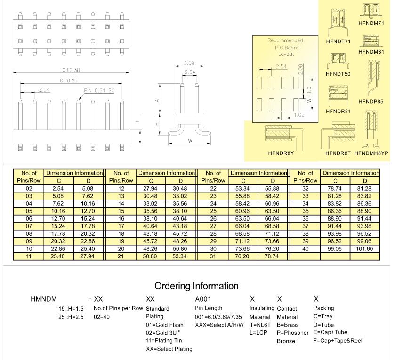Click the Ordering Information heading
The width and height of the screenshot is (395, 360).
click(x=196, y=286)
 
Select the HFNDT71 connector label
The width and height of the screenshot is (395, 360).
click(x=338, y=41)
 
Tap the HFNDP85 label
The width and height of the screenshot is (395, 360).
click(x=371, y=102)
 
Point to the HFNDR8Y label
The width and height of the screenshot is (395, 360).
click(x=281, y=153)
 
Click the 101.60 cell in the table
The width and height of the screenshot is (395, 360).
click(x=364, y=249)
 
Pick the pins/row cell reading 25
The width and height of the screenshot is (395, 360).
click(x=213, y=211)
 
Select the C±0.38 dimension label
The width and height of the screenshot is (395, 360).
click(x=71, y=70)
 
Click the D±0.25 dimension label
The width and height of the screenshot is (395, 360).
click(x=69, y=80)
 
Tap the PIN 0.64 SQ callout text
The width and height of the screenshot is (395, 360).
click(x=99, y=91)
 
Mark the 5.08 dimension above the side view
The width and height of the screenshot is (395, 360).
click(x=189, y=63)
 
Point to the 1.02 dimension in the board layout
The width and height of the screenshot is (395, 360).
click(x=299, y=115)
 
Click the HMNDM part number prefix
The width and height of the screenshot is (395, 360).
click(x=44, y=299)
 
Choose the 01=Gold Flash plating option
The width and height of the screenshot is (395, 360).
click(x=164, y=325)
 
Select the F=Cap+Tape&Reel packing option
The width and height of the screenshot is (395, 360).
click(x=338, y=341)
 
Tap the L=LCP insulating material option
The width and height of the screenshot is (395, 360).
click(x=258, y=333)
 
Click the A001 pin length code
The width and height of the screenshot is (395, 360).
click(x=203, y=299)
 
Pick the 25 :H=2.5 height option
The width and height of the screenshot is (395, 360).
click(x=71, y=317)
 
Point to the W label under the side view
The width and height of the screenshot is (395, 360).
click(x=190, y=141)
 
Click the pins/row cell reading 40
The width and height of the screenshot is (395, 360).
click(x=306, y=249)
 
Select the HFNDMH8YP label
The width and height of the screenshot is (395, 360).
click(x=371, y=153)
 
